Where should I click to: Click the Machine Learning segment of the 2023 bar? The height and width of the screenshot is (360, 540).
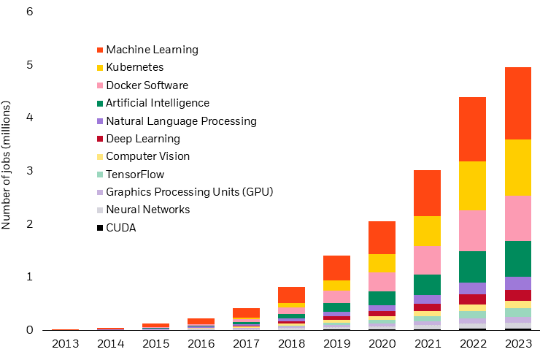click(x=517, y=103)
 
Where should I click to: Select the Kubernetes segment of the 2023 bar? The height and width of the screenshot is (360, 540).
click(x=517, y=167)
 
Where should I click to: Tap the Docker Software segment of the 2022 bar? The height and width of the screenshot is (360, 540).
click(x=472, y=230)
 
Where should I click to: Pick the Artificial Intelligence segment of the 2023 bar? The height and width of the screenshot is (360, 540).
click(x=517, y=258)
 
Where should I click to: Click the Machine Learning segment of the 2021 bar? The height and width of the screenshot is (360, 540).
click(x=427, y=193)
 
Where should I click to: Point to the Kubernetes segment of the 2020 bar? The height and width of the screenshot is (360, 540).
click(x=382, y=263)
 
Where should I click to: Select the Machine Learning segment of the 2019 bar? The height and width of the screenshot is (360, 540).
click(x=336, y=268)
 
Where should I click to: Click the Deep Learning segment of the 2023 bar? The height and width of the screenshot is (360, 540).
click(x=517, y=295)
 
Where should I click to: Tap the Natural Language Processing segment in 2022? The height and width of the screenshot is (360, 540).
click(x=472, y=288)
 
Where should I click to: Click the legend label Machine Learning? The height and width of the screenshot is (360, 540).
click(x=152, y=50)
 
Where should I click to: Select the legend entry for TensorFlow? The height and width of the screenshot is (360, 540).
click(x=135, y=175)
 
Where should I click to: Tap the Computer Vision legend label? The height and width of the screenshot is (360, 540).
click(x=147, y=156)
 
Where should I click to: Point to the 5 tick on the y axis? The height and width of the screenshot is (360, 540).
click(x=28, y=65)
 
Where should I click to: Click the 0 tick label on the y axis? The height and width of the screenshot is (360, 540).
click(x=28, y=330)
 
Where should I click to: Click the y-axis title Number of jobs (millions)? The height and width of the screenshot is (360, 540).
click(x=7, y=166)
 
